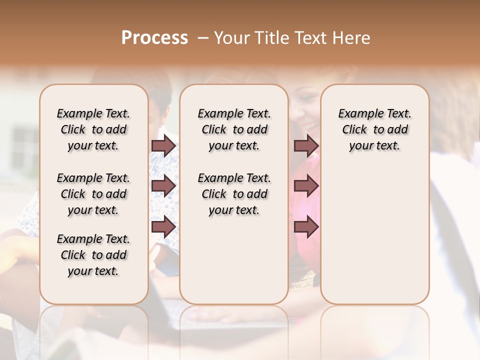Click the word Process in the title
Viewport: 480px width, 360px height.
[154, 38]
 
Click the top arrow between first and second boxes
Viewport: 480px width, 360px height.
[163, 145]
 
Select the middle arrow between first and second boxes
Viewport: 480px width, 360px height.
[163, 186]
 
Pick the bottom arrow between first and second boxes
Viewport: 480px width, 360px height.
[163, 227]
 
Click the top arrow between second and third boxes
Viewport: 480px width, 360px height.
[306, 145]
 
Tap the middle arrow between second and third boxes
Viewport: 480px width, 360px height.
[306, 186]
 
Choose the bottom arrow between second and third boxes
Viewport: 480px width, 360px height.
[306, 227]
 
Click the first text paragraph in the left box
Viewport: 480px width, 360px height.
[93, 129]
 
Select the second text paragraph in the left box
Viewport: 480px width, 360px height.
[93, 194]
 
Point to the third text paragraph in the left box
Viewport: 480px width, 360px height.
[93, 255]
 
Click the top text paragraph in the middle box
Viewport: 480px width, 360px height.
[234, 129]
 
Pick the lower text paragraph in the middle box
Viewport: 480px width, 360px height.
[234, 194]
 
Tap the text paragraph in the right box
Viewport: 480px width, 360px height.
[374, 129]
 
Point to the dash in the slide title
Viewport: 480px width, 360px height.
[203, 38]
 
